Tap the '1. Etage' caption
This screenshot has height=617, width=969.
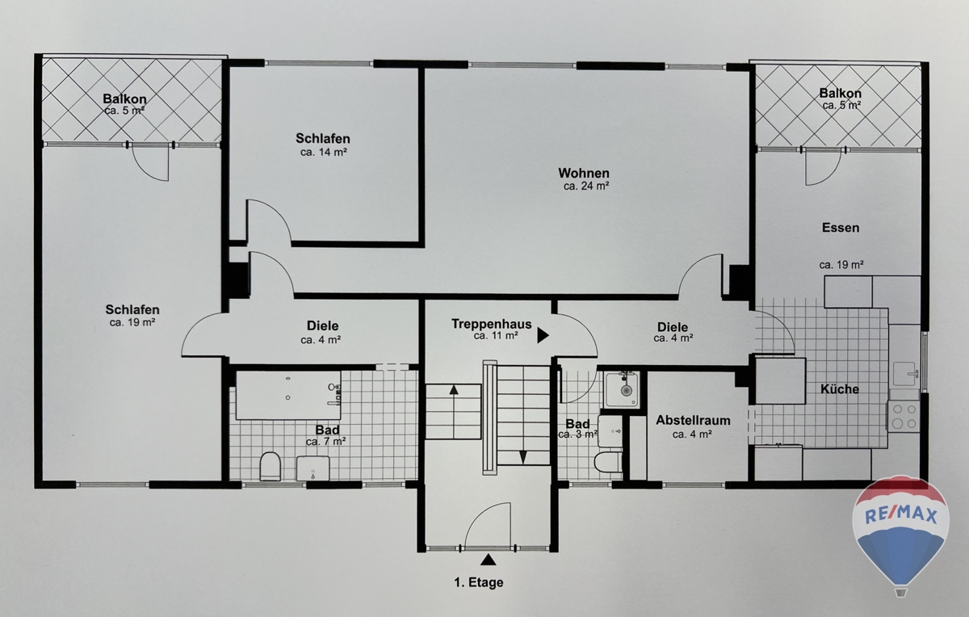478,582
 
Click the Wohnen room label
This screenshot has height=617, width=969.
584,173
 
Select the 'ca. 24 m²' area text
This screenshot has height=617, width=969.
586,187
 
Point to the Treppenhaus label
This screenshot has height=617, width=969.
492,324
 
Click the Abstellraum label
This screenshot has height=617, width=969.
693,420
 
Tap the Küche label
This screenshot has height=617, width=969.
840,389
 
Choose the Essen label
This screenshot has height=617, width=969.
841,228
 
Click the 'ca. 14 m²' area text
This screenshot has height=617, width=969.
324,153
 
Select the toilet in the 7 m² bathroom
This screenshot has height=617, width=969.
271,466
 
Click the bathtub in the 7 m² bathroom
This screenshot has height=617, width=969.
288,395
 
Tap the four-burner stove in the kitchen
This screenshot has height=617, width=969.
903,416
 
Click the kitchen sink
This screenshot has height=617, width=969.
905,374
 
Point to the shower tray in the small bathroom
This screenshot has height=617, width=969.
622,389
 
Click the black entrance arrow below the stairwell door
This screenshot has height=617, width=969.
489,560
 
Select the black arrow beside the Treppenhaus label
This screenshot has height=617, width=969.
543,335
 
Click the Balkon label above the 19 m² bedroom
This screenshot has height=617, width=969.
124,99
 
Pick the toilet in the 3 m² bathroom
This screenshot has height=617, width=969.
608,462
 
